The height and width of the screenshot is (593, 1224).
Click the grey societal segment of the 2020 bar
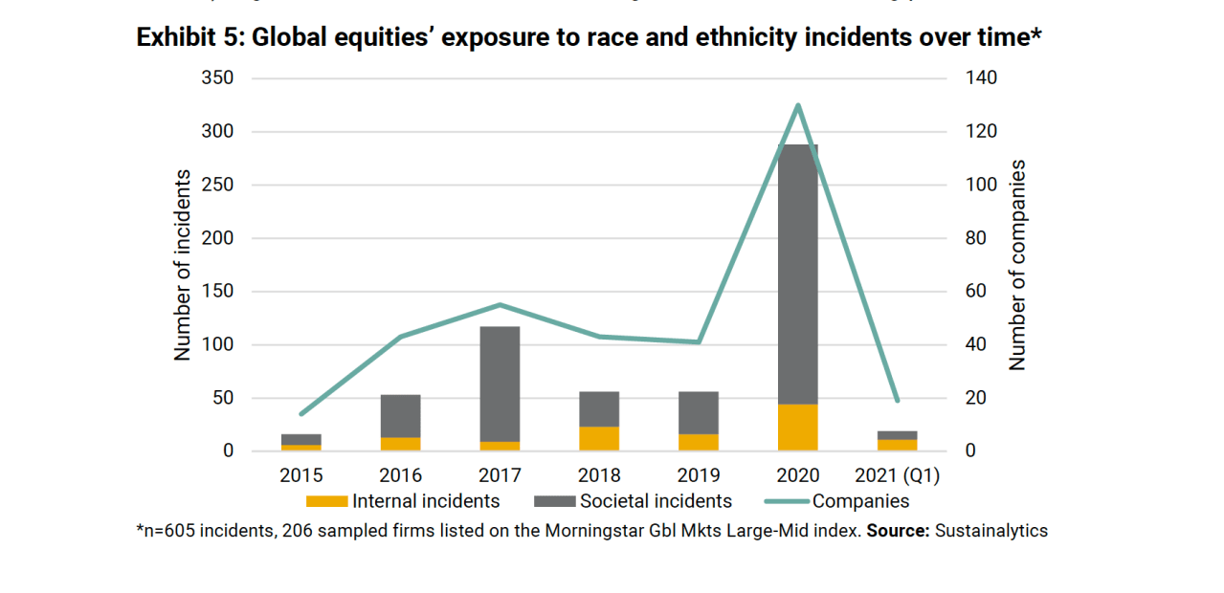point(798,273)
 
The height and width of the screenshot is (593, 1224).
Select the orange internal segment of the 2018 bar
point(599,439)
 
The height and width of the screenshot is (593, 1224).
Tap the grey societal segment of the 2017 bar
point(500,384)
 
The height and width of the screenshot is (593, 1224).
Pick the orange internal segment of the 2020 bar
point(798,428)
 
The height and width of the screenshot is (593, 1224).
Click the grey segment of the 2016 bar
point(400,416)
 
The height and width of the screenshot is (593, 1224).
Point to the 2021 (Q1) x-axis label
point(898,475)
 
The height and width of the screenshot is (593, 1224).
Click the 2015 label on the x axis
point(300,475)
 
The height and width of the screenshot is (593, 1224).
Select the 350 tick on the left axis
point(217,78)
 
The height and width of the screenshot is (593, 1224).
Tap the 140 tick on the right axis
point(980,78)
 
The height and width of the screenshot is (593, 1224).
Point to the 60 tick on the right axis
point(975,292)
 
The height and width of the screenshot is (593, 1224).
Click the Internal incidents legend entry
point(425,501)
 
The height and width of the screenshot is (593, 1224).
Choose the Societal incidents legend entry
point(655,501)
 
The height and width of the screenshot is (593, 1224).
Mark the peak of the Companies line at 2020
point(798,105)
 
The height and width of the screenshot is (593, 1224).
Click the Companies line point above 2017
point(500,305)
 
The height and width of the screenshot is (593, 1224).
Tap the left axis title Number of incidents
point(182,265)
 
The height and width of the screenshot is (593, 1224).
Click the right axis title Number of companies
point(1017,265)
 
